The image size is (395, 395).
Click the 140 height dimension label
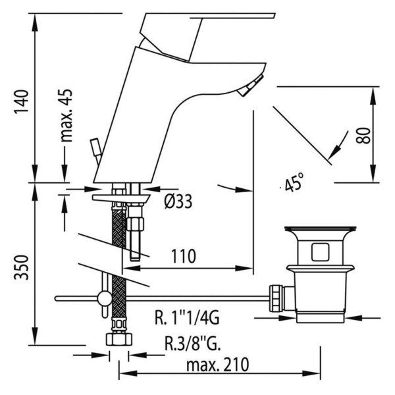(x=22, y=101)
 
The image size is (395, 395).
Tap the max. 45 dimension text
(x=66, y=115)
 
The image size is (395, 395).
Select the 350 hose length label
(x=22, y=267)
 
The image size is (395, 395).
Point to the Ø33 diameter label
(x=178, y=201)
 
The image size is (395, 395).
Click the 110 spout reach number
(x=184, y=257)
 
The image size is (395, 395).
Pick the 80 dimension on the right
(x=363, y=135)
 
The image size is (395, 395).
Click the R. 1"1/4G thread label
(x=187, y=318)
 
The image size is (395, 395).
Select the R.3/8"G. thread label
(x=193, y=343)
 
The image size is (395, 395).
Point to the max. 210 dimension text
(x=218, y=365)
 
